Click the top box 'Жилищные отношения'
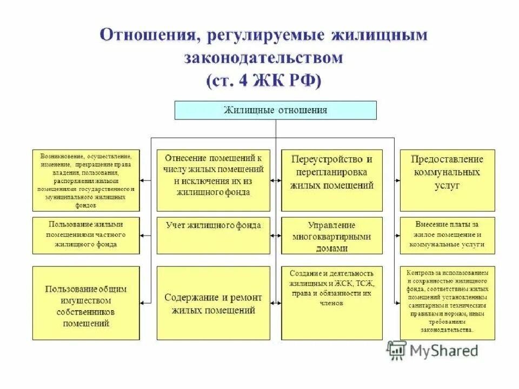[x=275, y=110]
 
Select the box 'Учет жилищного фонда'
[x=213, y=235]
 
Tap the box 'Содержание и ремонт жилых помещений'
[x=213, y=303]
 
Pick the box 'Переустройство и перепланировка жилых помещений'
[x=332, y=180]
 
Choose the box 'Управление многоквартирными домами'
[x=332, y=235]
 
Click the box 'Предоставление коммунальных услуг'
[x=447, y=180]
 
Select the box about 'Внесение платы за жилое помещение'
[x=447, y=235]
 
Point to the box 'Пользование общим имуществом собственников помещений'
[x=86, y=303]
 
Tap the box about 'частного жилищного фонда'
[x=86, y=235]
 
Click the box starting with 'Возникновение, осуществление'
[x=86, y=180]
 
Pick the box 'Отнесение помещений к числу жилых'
[x=213, y=180]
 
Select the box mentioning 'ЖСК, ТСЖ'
[x=332, y=303]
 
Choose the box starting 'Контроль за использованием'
[x=447, y=303]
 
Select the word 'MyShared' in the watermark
[x=444, y=351]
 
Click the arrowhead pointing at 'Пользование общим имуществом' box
[x=143, y=303]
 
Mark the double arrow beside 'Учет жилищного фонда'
[x=276, y=235]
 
